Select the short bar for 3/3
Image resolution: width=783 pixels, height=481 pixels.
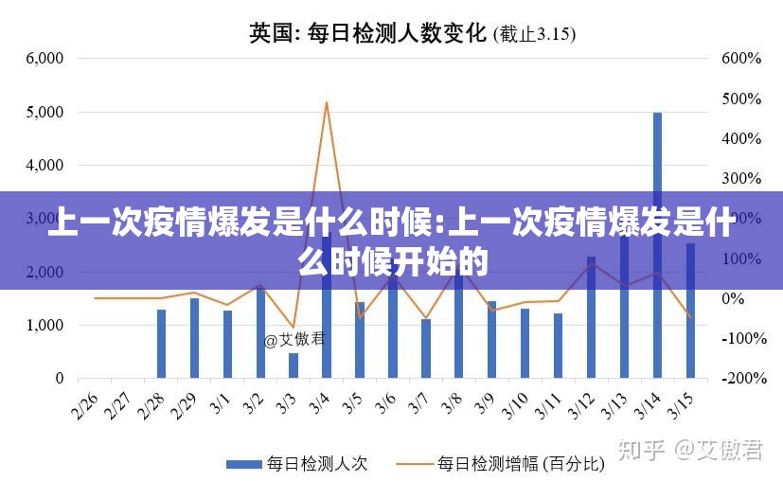[x=294, y=365]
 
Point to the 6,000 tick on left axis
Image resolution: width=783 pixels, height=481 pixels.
[x=44, y=58]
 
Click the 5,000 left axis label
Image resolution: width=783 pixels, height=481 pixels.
[x=44, y=112]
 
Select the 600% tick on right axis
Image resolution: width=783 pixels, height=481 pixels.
[x=741, y=58]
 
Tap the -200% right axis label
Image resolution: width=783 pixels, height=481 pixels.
[x=741, y=378]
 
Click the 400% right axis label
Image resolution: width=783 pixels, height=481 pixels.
[x=741, y=138]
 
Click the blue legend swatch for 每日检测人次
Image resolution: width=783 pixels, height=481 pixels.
[x=243, y=464]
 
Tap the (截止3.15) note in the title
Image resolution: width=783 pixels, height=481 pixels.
[x=535, y=35]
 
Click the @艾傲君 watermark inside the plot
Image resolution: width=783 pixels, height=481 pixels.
[x=294, y=339]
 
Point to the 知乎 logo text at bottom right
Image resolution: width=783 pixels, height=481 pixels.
[x=640, y=450]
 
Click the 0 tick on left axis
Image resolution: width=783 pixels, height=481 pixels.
[x=59, y=378]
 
